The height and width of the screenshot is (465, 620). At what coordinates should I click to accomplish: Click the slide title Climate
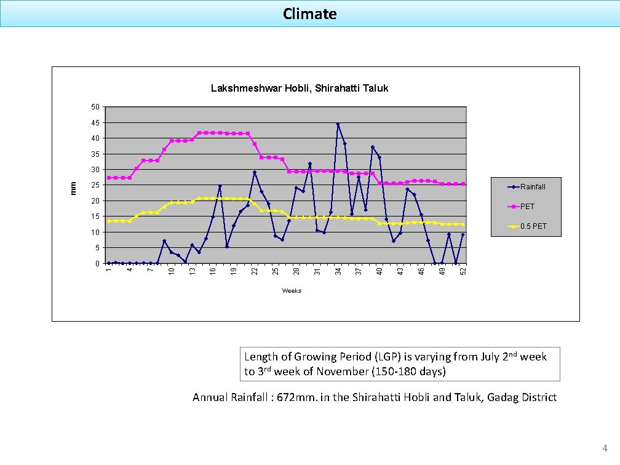click(309, 14)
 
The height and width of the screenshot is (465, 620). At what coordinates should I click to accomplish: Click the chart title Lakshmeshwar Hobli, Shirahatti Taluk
click(300, 89)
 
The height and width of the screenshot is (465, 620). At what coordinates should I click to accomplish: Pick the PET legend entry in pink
click(527, 207)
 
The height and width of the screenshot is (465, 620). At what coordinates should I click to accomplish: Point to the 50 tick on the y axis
click(95, 108)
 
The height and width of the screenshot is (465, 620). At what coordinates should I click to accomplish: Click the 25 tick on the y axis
click(95, 186)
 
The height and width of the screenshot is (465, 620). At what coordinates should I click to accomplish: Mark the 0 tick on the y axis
click(97, 264)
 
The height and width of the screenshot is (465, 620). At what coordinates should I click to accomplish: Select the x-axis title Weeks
click(292, 290)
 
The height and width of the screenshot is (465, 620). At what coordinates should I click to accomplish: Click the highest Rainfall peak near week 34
click(338, 124)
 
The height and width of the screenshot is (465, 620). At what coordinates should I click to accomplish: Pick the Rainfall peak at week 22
click(255, 172)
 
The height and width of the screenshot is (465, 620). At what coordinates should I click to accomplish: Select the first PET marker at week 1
click(109, 178)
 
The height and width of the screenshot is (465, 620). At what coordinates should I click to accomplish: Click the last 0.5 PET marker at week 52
click(463, 224)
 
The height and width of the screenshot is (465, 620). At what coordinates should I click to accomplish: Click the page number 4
click(605, 448)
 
